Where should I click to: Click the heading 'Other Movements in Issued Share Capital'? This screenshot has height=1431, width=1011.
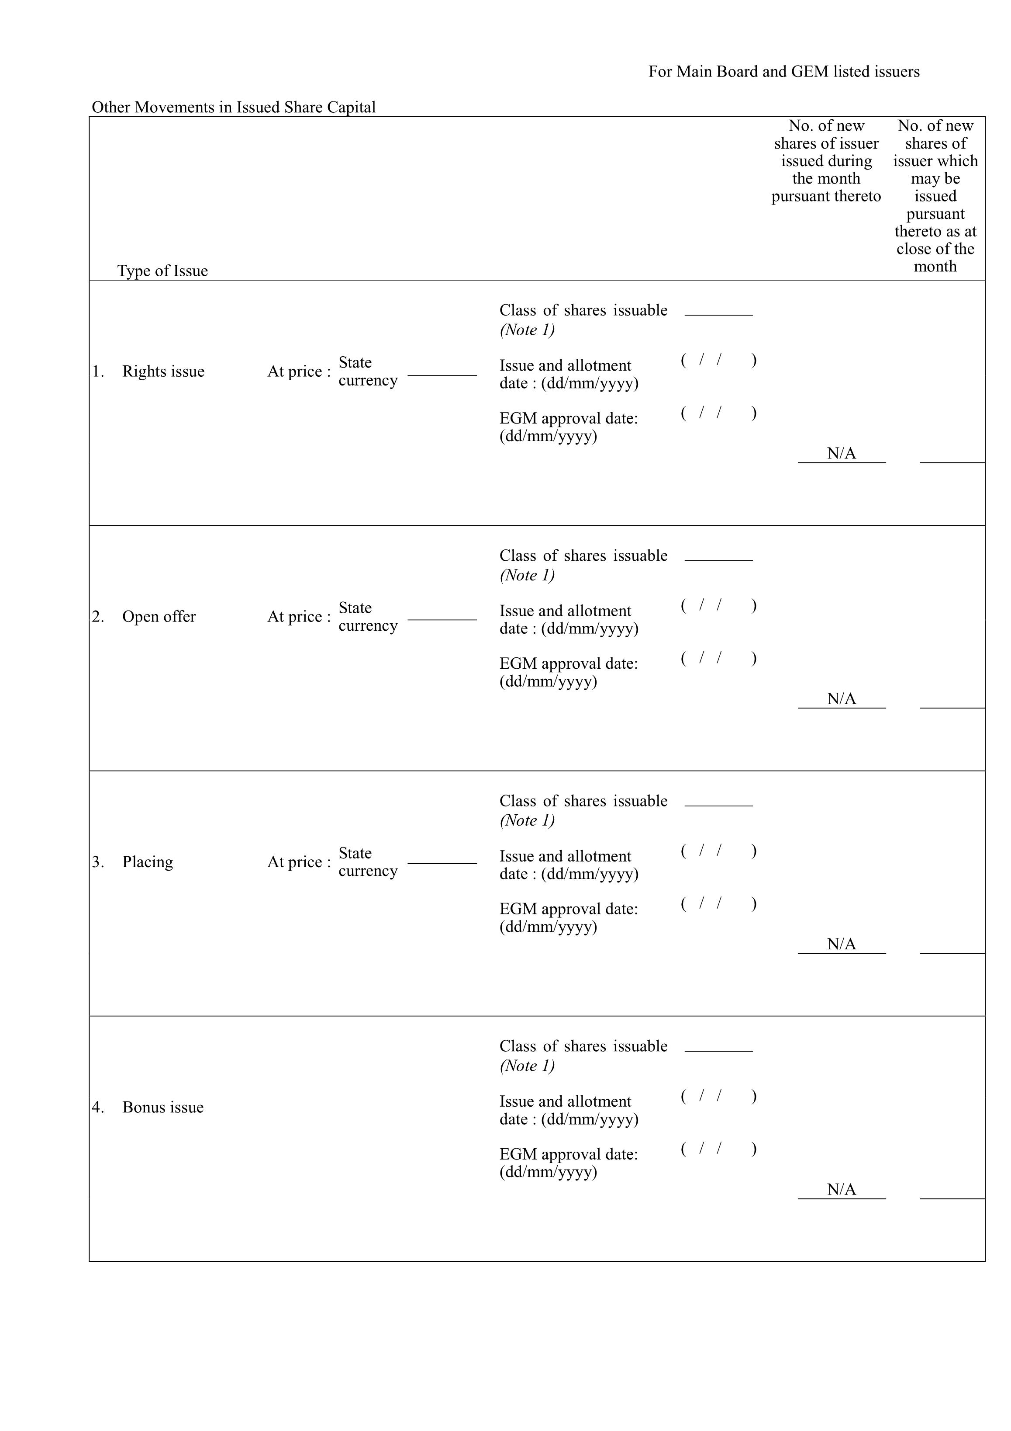pyautogui.click(x=234, y=107)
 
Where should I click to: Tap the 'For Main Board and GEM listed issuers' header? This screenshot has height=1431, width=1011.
pyautogui.click(x=783, y=72)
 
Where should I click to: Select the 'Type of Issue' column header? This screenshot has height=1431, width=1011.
pyautogui.click(x=162, y=271)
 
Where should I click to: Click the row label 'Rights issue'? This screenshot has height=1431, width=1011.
pyautogui.click(x=163, y=372)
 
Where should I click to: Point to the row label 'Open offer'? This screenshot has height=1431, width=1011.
pyautogui.click(x=159, y=616)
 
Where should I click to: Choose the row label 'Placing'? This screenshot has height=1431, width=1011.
pyautogui.click(x=148, y=862)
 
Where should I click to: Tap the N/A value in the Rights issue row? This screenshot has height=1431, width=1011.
pyautogui.click(x=841, y=454)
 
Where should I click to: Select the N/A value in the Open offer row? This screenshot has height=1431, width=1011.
pyautogui.click(x=841, y=698)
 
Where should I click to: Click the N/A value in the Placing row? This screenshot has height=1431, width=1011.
pyautogui.click(x=841, y=944)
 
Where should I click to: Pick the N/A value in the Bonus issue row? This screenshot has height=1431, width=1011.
pyautogui.click(x=841, y=1189)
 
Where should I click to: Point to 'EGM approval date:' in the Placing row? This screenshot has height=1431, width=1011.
pyautogui.click(x=568, y=909)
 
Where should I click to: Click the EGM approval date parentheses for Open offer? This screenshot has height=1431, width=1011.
pyautogui.click(x=718, y=658)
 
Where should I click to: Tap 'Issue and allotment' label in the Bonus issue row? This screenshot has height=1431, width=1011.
pyautogui.click(x=565, y=1101)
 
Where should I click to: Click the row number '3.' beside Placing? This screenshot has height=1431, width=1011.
pyautogui.click(x=98, y=862)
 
